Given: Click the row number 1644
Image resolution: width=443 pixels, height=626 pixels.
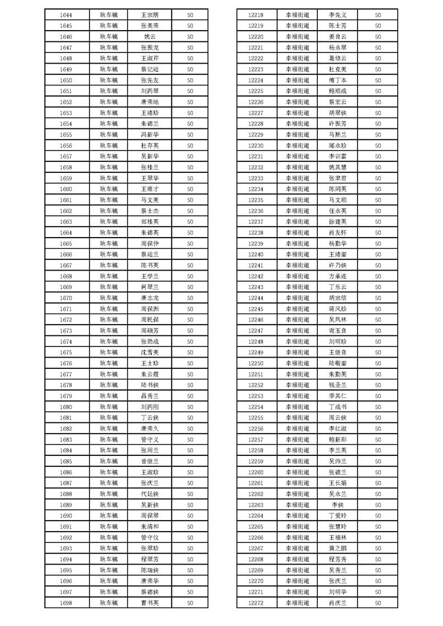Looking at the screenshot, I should [x=65, y=15].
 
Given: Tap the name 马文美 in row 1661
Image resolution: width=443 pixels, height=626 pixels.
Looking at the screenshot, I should [x=150, y=200].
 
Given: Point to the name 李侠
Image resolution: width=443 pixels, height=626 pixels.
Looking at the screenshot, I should [x=337, y=504].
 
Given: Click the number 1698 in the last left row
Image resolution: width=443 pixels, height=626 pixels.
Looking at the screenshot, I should [x=65, y=603].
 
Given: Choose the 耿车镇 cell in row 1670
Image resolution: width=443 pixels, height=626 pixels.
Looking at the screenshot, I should [x=109, y=298].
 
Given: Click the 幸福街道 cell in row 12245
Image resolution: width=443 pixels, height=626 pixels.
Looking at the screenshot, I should [x=297, y=309].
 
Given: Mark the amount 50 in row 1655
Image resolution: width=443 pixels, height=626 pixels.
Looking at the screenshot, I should [x=190, y=134].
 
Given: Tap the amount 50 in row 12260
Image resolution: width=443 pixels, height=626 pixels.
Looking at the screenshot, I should [x=378, y=472].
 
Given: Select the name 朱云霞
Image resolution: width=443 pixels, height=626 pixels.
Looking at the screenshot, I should [x=150, y=374].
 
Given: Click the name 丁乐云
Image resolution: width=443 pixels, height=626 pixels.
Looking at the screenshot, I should [x=337, y=287].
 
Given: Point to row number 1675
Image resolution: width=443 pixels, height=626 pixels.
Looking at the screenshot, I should [x=65, y=352].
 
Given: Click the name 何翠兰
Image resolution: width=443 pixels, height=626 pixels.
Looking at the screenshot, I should [x=150, y=287].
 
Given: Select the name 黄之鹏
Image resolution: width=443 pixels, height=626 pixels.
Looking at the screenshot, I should [x=337, y=548].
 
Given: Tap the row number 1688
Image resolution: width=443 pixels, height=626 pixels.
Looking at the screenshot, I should [x=65, y=494].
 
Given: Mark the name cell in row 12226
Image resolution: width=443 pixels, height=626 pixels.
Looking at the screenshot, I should [x=337, y=102].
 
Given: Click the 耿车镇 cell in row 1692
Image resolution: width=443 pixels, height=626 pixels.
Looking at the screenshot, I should [x=109, y=537].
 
